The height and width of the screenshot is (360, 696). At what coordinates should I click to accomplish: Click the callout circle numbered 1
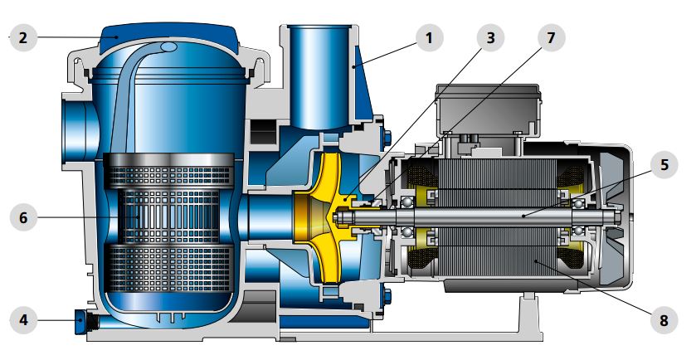point(429,38)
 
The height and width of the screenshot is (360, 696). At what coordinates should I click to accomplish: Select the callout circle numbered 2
point(23,37)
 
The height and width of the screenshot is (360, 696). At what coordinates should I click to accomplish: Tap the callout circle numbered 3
point(490,38)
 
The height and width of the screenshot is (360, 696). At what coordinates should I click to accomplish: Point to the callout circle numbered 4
point(23,319)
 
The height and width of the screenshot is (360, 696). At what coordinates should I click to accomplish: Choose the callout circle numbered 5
point(664,165)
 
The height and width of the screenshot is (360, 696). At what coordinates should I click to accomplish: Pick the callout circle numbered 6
point(23,217)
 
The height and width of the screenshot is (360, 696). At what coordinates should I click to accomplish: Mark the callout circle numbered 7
point(551,38)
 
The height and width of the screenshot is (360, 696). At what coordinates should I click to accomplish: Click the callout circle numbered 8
point(664,320)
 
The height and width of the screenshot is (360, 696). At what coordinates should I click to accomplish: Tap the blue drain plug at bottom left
point(82,320)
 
